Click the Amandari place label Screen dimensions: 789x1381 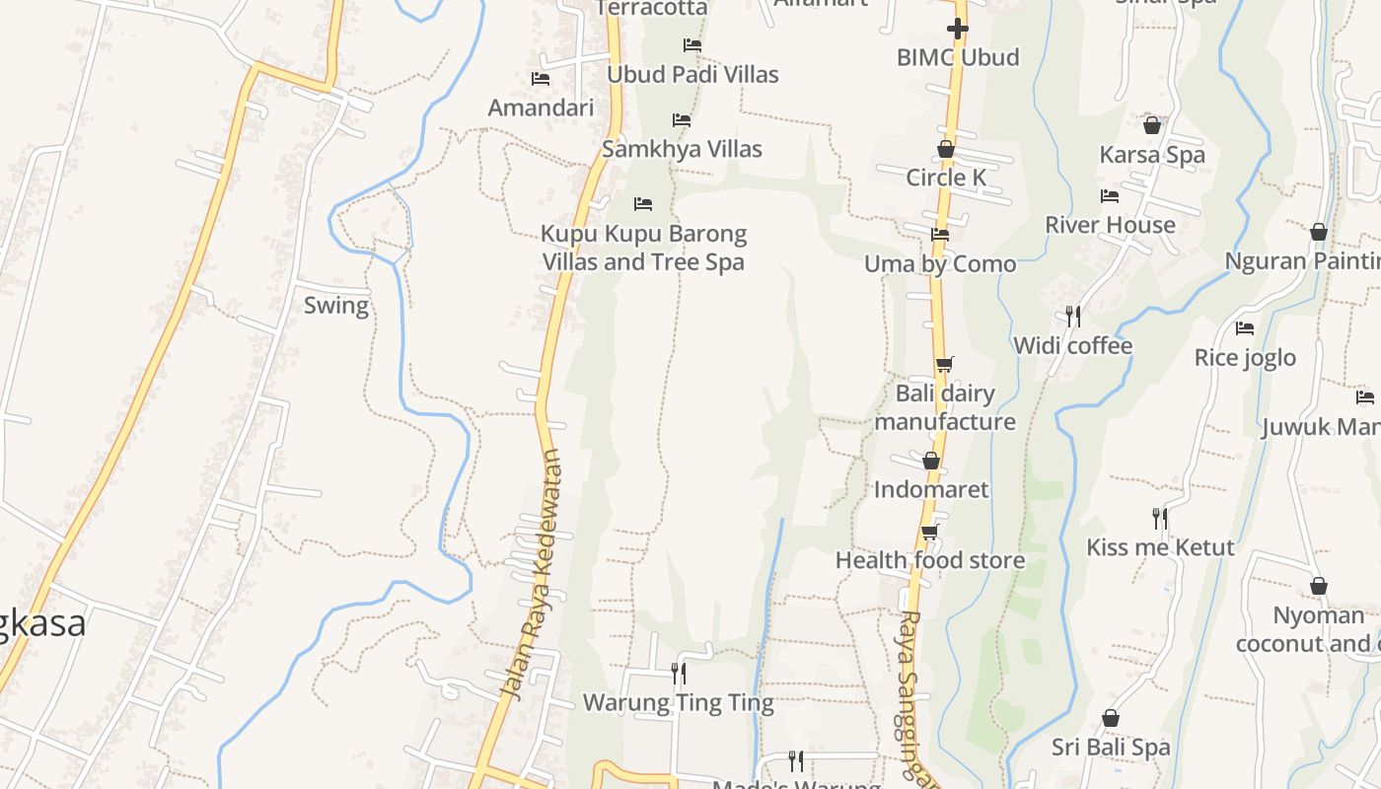point(541,108)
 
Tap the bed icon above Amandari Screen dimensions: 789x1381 point(541,78)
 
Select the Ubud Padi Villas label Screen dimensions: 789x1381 point(692,74)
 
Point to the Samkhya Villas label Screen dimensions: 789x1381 point(682,149)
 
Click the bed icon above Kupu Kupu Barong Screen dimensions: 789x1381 point(643,204)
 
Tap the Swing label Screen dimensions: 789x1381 point(336,305)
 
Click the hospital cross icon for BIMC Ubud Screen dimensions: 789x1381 point(957,29)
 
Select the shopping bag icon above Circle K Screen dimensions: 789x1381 point(946,149)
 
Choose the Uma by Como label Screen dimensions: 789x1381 point(940,263)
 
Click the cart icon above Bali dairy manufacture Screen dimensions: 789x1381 point(944,364)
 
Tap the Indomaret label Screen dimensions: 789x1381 point(931,489)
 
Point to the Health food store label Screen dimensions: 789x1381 point(930,560)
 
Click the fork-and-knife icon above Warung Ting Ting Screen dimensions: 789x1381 point(679,674)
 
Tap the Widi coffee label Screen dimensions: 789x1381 point(1072,345)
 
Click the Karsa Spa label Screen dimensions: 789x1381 point(1152,155)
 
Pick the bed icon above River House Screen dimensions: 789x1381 point(1110,196)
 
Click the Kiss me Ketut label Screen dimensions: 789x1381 point(1160,547)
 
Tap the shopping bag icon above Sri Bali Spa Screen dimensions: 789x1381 point(1111,718)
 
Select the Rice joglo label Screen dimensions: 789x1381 point(1245,357)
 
